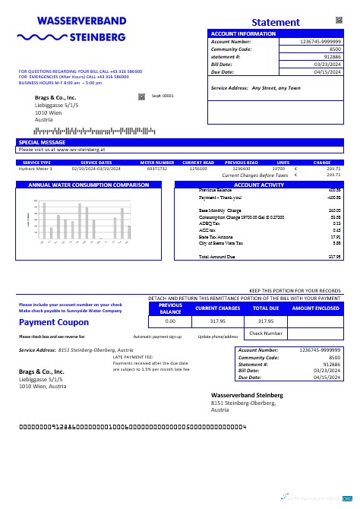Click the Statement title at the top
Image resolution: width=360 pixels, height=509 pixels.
pyautogui.click(x=275, y=22)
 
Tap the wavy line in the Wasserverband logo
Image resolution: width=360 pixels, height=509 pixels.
pyautogui.click(x=42, y=36)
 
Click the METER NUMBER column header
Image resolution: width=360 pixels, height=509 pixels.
pyautogui.click(x=157, y=163)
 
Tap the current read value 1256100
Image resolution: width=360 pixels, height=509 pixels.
pyautogui.click(x=198, y=169)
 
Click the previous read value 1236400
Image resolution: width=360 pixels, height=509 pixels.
pyautogui.click(x=241, y=169)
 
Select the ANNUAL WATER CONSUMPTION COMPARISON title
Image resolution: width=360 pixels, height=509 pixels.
pyautogui.click(x=88, y=185)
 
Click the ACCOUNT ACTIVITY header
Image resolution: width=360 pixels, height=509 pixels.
pyautogui.click(x=258, y=185)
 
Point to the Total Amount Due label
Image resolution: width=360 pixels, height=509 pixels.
pyautogui.click(x=216, y=257)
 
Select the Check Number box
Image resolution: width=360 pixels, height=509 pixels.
pyautogui.click(x=266, y=333)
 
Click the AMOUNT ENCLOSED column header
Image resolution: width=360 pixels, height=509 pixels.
pyautogui.click(x=315, y=308)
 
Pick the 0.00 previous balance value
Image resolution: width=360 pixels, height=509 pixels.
pyautogui.click(x=170, y=321)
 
